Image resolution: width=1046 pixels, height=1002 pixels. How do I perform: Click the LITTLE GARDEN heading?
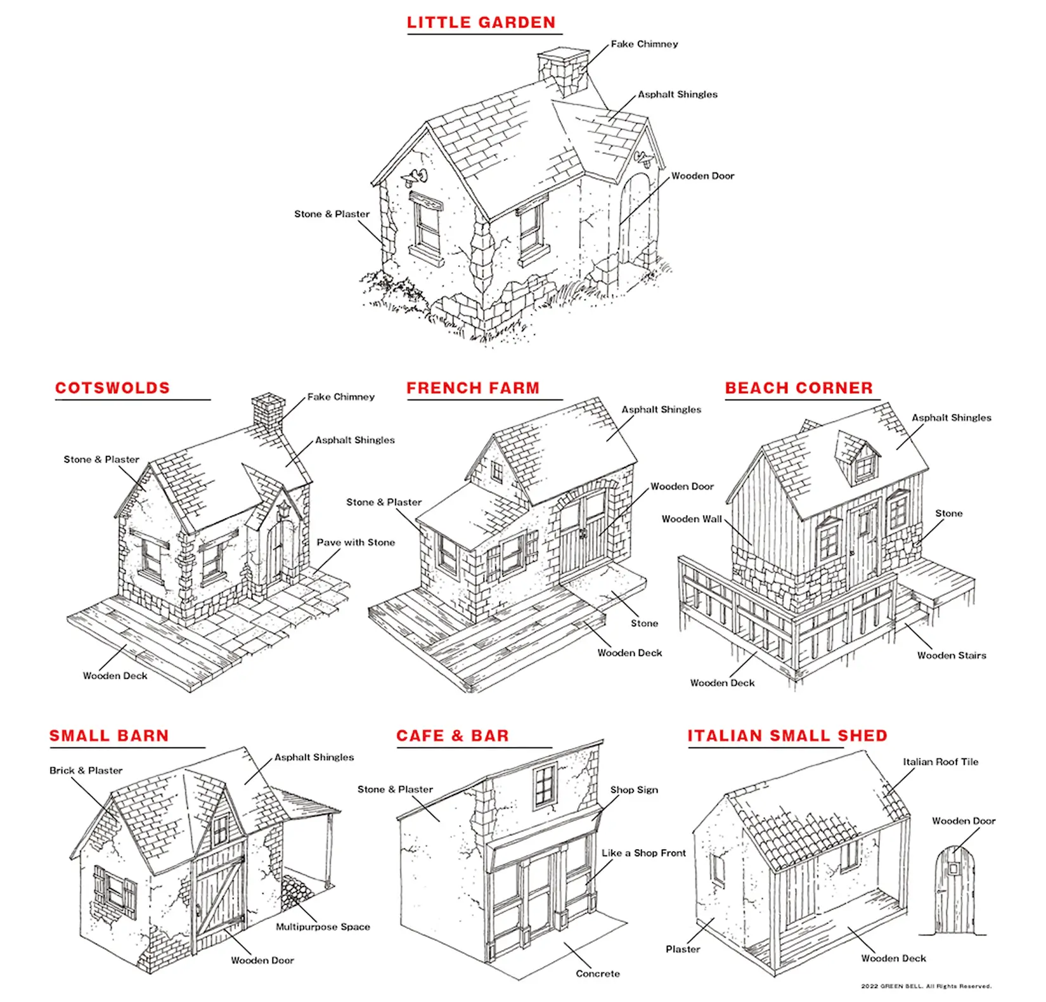(481, 23)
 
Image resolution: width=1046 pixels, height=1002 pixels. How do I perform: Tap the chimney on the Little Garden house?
(563, 72)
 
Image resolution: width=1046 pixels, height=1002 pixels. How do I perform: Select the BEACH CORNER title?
(799, 388)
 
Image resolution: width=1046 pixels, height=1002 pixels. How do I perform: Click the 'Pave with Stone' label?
(356, 542)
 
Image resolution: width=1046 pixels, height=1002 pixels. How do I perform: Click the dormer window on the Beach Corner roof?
(859, 457)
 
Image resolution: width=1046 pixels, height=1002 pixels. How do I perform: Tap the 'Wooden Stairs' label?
(952, 655)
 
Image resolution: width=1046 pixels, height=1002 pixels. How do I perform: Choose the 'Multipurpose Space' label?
(323, 927)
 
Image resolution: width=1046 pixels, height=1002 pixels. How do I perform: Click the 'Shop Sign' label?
(634, 790)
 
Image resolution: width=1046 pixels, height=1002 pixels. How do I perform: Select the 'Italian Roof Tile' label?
(941, 762)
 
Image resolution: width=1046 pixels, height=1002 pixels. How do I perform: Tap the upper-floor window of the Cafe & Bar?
(545, 786)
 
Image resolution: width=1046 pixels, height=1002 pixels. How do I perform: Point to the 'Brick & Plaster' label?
(86, 771)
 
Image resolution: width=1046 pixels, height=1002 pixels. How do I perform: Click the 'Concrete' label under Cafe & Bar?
(598, 973)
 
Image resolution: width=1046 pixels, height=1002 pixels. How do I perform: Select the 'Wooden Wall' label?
(692, 519)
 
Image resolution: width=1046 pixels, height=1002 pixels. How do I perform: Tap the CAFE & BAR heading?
(453, 736)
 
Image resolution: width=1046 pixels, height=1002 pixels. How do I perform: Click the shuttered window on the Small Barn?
(115, 892)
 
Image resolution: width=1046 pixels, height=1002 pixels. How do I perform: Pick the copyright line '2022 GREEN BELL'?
(926, 986)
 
